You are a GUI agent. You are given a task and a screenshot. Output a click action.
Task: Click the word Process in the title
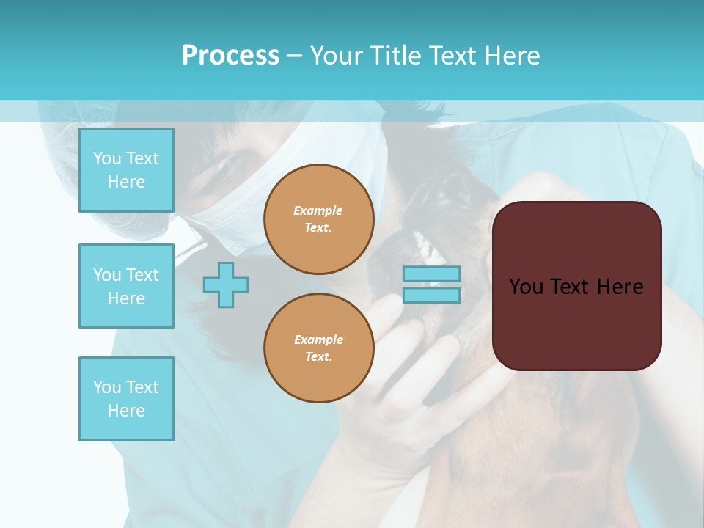pyautogui.click(x=230, y=56)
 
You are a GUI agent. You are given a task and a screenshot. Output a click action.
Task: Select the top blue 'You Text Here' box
pyautogui.click(x=126, y=170)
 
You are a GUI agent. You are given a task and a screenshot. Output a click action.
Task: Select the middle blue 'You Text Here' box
pyautogui.click(x=126, y=286)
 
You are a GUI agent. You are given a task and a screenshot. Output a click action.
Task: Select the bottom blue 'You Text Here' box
pyautogui.click(x=126, y=399)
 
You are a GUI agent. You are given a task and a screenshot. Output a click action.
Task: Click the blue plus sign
pyautogui.click(x=226, y=285)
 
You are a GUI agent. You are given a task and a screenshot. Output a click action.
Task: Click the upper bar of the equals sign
pyautogui.click(x=431, y=274)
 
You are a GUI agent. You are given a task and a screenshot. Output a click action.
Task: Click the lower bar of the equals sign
pyautogui.click(x=431, y=295)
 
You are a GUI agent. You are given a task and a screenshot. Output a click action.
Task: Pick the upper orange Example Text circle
pyautogui.click(x=319, y=219)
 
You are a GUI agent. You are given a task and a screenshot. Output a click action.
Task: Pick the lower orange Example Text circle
pyautogui.click(x=319, y=348)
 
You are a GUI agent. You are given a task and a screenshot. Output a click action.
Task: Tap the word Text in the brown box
pyautogui.click(x=573, y=287)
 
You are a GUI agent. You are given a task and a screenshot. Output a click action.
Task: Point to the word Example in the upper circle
pyautogui.click(x=318, y=210)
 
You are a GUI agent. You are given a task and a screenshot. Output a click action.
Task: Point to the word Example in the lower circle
pyautogui.click(x=318, y=340)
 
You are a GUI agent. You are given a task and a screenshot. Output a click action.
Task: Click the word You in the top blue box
pyautogui.click(x=107, y=158)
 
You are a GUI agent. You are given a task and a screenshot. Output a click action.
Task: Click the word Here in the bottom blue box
pyautogui.click(x=126, y=411)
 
